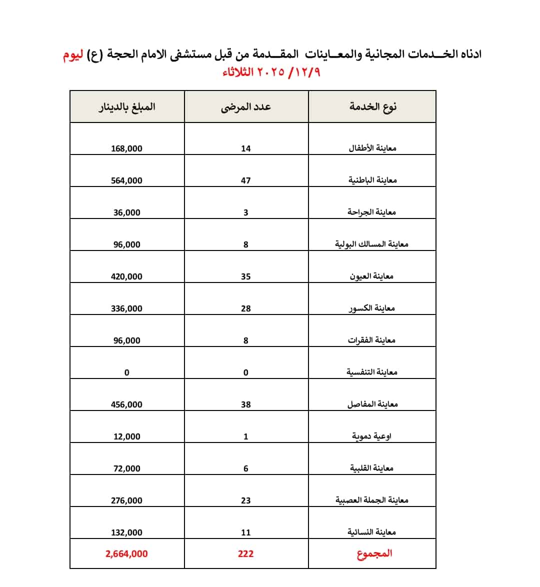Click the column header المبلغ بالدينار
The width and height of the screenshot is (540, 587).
coord(127,106)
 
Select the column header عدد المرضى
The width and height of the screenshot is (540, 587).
coord(246,106)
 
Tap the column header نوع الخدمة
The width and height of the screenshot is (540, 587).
coord(373,106)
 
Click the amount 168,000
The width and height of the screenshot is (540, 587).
coord(126,148)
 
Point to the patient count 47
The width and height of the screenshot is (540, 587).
coord(245,180)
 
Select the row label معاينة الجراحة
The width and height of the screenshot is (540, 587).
coord(372,212)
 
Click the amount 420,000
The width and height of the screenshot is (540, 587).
coord(126,276)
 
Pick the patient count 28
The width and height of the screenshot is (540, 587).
coord(245,308)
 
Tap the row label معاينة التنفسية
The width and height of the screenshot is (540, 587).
coord(372,372)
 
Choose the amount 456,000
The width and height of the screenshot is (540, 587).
coord(126,404)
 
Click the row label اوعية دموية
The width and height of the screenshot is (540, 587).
coord(372,436)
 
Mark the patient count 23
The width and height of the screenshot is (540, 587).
coord(245,500)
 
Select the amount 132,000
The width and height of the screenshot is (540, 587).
coord(126,532)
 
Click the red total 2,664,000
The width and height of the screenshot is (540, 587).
coord(126,553)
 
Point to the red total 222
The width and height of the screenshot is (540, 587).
coord(245,553)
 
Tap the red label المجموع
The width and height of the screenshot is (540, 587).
coord(374,553)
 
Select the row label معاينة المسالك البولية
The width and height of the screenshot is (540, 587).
coord(372,244)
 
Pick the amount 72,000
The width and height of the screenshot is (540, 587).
coord(126,468)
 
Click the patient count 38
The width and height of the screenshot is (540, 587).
coord(245,404)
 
